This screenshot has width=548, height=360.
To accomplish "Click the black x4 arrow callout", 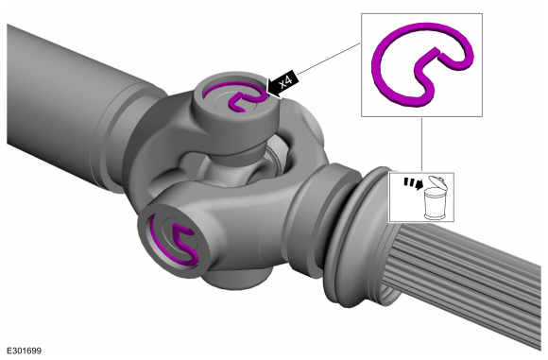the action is coord(282,84).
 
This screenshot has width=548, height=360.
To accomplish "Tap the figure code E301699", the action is coord(24,351).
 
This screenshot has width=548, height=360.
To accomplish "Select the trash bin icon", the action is coord(435,197).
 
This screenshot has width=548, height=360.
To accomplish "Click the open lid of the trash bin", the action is coord(437,181).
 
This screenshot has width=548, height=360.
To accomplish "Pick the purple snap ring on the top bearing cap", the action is coord(233,94).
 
